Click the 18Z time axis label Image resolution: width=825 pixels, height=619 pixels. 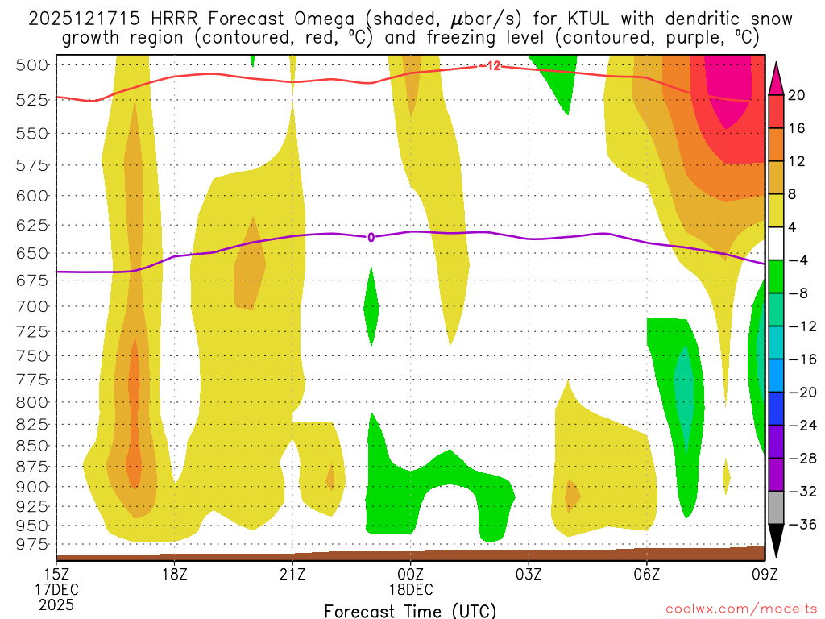pos(175,575)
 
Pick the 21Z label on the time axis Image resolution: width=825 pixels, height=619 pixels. pos(292,575)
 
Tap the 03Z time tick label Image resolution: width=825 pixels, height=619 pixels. pos(529,575)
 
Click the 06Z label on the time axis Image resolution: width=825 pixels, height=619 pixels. pos(646,575)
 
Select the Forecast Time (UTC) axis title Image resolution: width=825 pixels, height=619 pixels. pos(410,610)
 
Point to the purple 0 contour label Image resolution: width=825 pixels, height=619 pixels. pos(371,237)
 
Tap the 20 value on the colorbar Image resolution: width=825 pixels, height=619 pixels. pos(798,95)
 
